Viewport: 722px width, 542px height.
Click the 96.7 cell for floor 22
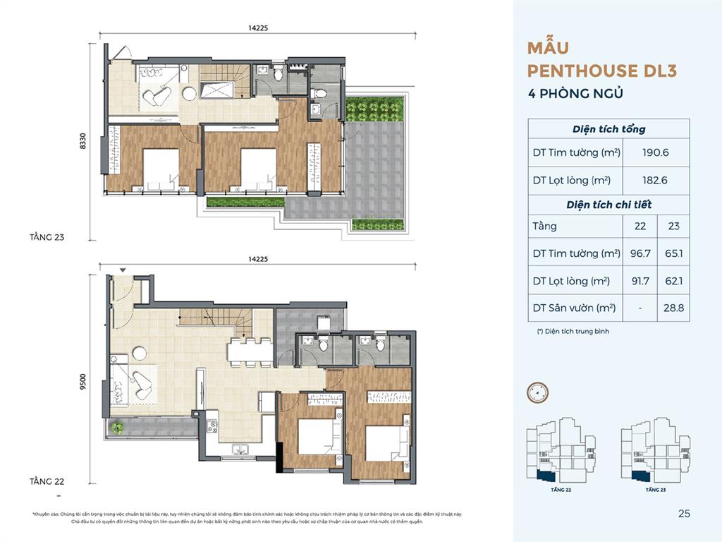point(637,253)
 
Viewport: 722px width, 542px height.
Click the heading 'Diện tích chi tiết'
point(608,205)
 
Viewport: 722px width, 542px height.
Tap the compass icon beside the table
point(538,392)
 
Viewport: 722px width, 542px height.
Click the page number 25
point(683,514)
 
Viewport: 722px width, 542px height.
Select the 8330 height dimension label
point(83,144)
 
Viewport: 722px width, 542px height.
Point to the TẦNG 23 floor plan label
point(47,238)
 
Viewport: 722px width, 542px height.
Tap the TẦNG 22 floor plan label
point(47,481)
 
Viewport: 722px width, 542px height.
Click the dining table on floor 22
point(249,351)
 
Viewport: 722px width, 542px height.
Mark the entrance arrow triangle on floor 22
point(123,270)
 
